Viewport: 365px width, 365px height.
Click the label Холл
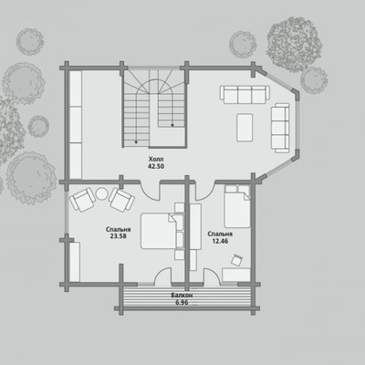coord(156,159)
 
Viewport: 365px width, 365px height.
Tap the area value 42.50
coord(156,166)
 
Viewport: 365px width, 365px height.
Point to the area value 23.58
coord(119,236)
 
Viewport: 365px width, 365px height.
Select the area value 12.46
coord(220,241)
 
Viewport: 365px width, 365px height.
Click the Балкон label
coord(182,296)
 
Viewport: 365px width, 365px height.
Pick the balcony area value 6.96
coord(182,303)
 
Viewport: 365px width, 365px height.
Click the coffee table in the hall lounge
coord(245,127)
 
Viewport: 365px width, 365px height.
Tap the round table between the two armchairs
coord(101,194)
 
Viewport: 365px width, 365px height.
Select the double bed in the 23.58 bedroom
coord(159,231)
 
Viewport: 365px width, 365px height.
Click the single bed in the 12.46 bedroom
coord(237,206)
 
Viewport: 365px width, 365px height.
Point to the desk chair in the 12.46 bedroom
coord(236,260)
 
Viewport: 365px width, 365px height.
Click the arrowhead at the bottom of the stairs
coord(136,141)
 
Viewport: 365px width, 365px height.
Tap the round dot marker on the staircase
coord(172,125)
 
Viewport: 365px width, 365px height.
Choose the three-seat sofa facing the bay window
coord(280,128)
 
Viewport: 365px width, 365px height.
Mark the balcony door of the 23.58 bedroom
coord(162,276)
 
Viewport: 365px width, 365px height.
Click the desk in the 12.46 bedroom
coord(236,275)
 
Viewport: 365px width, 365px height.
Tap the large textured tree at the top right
coord(294,45)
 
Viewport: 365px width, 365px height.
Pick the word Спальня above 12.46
coord(220,234)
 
